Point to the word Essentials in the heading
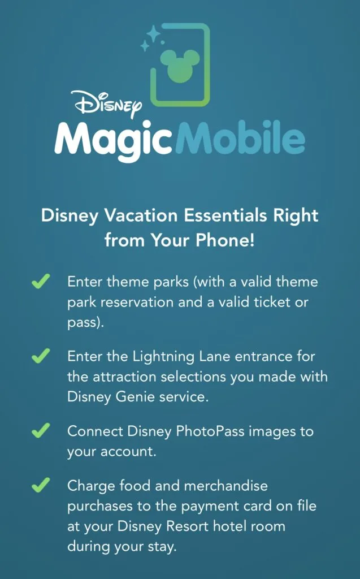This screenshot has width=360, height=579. coord(225,215)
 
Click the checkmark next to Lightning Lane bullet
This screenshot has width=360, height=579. coord(41,356)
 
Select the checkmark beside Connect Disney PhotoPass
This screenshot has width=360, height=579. coord(41,430)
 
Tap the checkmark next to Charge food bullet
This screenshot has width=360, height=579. coord(41,485)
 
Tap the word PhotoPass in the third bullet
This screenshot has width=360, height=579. coord(210,431)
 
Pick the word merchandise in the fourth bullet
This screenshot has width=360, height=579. coord(225,486)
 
